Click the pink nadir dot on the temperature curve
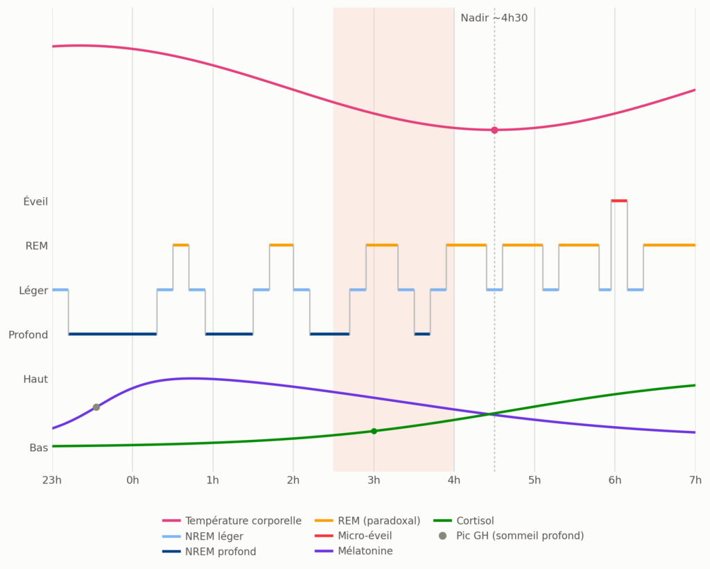pyautogui.click(x=494, y=130)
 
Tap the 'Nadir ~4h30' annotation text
pyautogui.click(x=494, y=18)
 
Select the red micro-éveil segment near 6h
pyautogui.click(x=619, y=201)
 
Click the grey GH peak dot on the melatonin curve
pyautogui.click(x=96, y=407)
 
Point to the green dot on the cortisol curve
pyautogui.click(x=374, y=432)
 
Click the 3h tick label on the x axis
pyautogui.click(x=374, y=479)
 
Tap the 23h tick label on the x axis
pyautogui.click(x=52, y=479)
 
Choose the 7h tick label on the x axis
pyautogui.click(x=695, y=479)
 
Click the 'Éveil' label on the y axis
pyautogui.click(x=36, y=201)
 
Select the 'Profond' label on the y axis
pyautogui.click(x=28, y=334)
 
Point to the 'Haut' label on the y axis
pyautogui.click(x=36, y=379)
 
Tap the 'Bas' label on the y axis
pyautogui.click(x=39, y=448)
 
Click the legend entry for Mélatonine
pyautogui.click(x=354, y=551)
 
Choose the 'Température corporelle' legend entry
pyautogui.click(x=232, y=521)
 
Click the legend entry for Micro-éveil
pyautogui.click(x=353, y=536)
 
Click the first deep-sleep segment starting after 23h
pyautogui.click(x=113, y=334)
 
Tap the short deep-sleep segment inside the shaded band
pyautogui.click(x=422, y=334)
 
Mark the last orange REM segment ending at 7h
pyautogui.click(x=669, y=245)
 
